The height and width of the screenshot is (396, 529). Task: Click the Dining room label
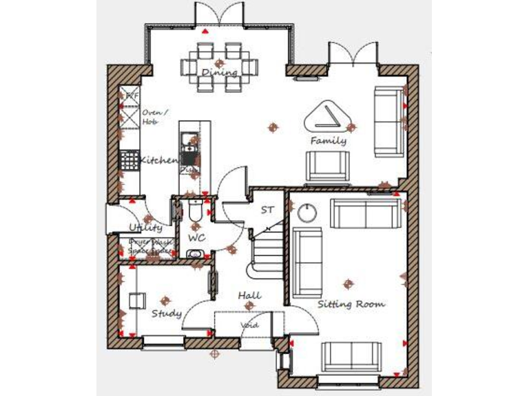220,72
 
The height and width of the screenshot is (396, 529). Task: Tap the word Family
328,141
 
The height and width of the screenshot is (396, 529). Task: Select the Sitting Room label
351,303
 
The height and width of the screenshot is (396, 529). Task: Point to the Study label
167,313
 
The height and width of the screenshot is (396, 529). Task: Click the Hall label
249,296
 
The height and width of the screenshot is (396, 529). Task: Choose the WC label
197,237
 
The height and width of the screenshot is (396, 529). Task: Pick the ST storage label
268,209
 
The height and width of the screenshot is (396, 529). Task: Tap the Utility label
145,227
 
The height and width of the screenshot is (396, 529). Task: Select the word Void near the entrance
249,325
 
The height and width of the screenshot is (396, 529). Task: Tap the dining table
219,67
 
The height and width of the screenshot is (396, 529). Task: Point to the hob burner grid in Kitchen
129,160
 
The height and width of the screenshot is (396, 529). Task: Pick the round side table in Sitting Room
307,213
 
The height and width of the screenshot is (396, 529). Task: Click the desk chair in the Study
137,300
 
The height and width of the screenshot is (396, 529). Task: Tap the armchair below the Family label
328,165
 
